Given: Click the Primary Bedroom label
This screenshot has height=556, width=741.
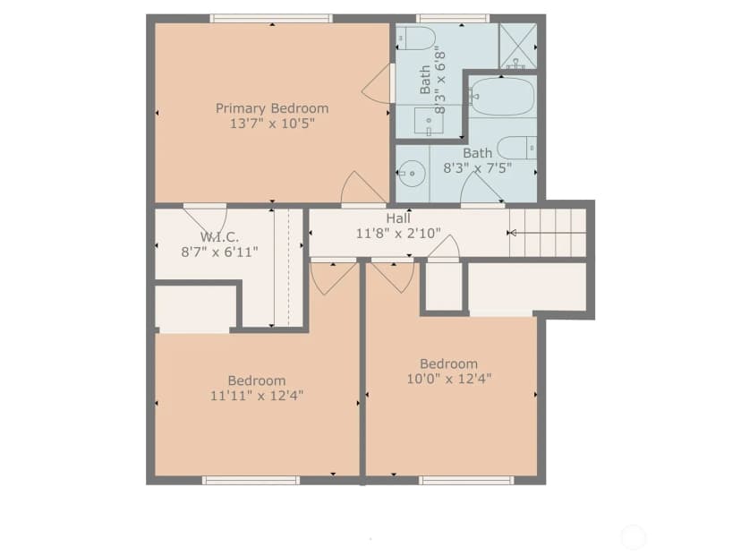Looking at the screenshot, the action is (x=272, y=108).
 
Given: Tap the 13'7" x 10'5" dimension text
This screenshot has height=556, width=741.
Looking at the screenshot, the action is (x=272, y=124).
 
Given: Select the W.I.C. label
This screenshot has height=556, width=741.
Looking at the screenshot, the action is (x=219, y=237).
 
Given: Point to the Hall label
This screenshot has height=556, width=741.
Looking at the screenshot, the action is (x=398, y=218).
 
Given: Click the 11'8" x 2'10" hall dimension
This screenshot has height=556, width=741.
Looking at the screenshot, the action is (x=398, y=233).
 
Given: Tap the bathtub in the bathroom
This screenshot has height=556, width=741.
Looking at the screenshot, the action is (x=503, y=97).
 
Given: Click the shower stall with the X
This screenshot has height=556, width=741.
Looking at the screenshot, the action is (x=518, y=47).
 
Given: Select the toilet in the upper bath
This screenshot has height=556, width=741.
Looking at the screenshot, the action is (x=416, y=38).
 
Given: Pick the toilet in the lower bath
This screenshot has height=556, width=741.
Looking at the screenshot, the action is (x=517, y=148).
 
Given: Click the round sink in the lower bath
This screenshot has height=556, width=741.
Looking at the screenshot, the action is (x=409, y=174).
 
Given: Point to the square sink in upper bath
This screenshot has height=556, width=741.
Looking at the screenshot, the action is (x=429, y=121).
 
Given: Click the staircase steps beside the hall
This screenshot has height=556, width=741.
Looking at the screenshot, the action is (x=547, y=233).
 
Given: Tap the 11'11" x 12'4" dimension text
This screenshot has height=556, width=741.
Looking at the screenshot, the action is (x=257, y=396).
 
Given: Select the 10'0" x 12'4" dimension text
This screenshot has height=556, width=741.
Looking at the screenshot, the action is (x=449, y=379).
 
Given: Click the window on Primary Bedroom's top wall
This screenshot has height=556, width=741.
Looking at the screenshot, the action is (x=271, y=19).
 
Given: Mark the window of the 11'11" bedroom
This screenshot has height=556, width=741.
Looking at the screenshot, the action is (x=251, y=481).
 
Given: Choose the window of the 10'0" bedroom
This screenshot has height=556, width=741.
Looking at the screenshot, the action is (x=466, y=481).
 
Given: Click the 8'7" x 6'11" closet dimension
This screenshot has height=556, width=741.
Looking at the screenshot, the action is (x=220, y=252).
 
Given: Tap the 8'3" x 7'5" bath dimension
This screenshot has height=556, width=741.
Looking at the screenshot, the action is (x=477, y=167).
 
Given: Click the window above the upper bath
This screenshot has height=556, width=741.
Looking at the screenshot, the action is (x=453, y=19).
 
